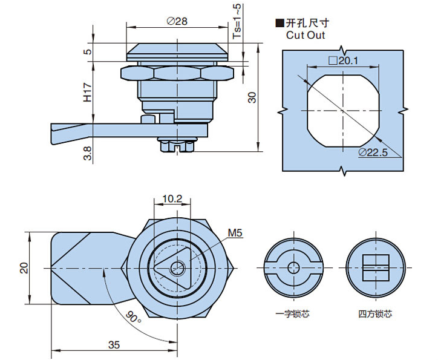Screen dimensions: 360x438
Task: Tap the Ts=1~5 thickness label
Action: tap(237, 22)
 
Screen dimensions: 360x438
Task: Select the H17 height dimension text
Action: tap(88, 93)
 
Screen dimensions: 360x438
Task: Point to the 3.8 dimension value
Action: tap(88, 154)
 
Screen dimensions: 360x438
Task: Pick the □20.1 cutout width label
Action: tap(343, 61)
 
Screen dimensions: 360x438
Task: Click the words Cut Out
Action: tap(306, 35)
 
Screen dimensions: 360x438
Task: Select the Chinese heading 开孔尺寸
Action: tap(306, 24)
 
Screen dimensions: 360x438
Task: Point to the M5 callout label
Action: tap(235, 233)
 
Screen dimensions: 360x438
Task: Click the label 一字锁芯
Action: tap(292, 314)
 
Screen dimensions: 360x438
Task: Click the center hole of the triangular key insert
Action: tap(177, 267)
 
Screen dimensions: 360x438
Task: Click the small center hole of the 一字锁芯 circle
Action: tap(293, 267)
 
